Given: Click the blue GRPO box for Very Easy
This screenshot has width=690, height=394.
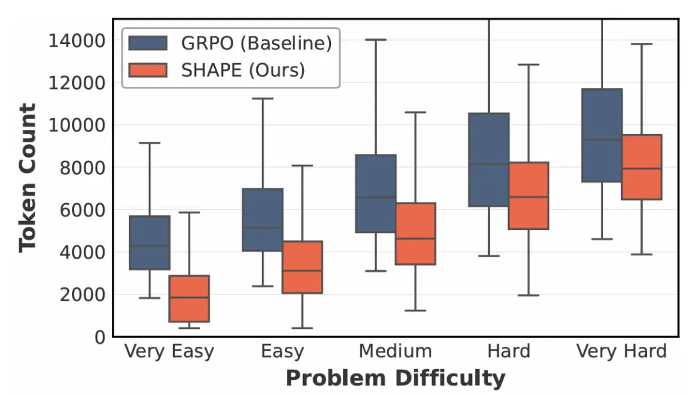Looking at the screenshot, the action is pos(149,243).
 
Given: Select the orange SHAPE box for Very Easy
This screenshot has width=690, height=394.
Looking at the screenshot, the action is pos(189,299).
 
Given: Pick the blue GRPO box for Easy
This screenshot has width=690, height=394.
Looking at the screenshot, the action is pos(263,220).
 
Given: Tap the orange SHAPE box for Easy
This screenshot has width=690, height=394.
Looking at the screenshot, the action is pos(302,267).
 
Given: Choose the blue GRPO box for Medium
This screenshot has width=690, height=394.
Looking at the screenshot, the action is pos(376,193).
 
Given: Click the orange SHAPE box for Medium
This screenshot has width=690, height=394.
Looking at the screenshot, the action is pos(415,234).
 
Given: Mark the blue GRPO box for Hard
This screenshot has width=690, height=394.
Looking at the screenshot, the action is pos(489,160).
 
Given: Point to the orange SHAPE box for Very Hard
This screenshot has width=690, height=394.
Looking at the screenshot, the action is pos(641,167).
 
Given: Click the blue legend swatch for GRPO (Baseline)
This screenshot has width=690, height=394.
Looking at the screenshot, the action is pos(148,43).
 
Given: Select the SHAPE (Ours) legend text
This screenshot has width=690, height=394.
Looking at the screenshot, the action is pos(243,70).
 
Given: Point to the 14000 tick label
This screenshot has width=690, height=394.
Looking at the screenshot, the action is pos(77,41).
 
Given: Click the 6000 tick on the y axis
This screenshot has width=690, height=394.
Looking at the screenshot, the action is pos(82,209).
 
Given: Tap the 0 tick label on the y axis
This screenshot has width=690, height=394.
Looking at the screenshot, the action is pos(100,337).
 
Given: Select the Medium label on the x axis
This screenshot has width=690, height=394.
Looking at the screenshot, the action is pos(395,351).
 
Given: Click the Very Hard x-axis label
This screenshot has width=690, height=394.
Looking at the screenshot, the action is pos(622,351).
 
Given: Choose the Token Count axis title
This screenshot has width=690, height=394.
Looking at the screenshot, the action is pos(27,178).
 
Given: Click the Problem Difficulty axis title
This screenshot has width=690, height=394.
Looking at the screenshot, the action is pos(395,378).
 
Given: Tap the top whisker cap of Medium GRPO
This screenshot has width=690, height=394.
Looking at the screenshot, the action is pos(376,40).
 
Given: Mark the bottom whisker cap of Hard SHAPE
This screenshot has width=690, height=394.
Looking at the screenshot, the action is pos(528,295).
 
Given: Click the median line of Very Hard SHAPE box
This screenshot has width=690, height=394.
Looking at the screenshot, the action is pos(641,169).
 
